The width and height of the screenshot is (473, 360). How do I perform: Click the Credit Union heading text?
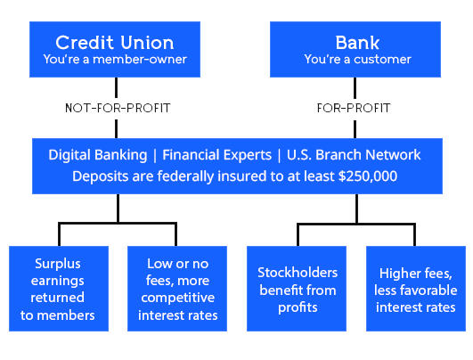pyautogui.click(x=115, y=43)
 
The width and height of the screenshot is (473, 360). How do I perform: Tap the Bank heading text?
pyautogui.click(x=357, y=43)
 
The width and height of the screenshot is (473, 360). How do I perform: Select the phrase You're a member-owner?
pyautogui.click(x=115, y=60)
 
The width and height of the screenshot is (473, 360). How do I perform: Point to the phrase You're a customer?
pyautogui.click(x=357, y=60)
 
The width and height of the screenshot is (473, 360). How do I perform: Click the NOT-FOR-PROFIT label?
pyautogui.click(x=118, y=109)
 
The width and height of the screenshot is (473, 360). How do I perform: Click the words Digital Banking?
pyautogui.click(x=95, y=155)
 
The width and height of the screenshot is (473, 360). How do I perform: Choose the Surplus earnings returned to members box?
pyautogui.click(x=59, y=290)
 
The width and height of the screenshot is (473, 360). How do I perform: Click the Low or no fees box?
pyautogui.click(x=178, y=290)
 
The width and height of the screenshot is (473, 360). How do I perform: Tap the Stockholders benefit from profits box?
pyautogui.click(x=296, y=290)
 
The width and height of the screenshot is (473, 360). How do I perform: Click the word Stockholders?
pyautogui.click(x=296, y=272)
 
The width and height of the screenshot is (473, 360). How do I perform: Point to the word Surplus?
pyautogui.click(x=59, y=263)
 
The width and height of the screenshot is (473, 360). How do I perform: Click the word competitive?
pyautogui.click(x=178, y=298)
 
